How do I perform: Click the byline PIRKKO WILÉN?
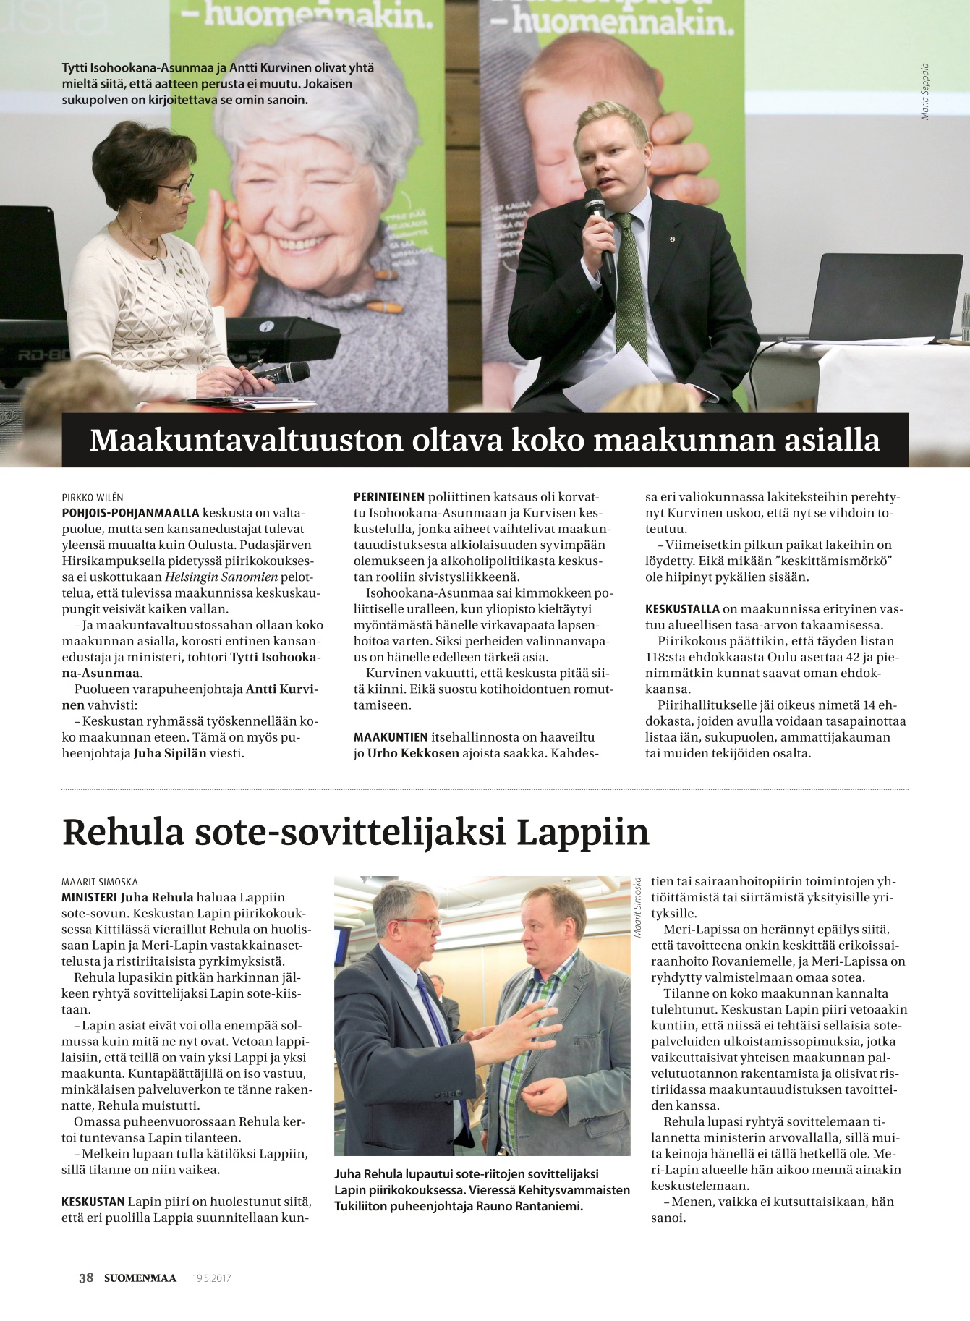93,497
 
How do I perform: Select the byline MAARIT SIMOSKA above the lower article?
100,882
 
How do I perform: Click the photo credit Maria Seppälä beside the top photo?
924,92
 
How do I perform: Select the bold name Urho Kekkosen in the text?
413,752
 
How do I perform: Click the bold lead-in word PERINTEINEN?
388,497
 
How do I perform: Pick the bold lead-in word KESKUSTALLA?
682,608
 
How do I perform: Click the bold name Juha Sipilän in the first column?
170,752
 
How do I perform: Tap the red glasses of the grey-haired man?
420,923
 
